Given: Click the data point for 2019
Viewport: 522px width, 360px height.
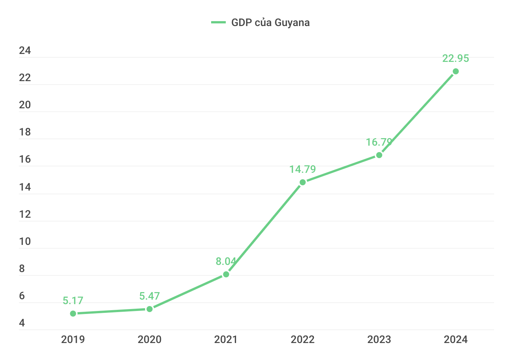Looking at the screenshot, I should (73, 314).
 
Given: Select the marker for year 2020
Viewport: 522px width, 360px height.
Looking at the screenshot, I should (150, 309).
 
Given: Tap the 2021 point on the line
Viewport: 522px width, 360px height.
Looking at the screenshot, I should (226, 274).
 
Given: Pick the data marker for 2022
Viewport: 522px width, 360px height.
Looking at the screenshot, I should (303, 182).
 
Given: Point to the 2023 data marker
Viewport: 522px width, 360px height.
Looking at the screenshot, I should (379, 155).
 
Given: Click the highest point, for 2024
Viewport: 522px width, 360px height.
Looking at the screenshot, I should (456, 71).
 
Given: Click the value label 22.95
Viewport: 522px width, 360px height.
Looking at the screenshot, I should (456, 58).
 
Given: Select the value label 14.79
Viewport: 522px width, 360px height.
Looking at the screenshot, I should (303, 169).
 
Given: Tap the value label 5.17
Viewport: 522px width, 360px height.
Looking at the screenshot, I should (73, 301).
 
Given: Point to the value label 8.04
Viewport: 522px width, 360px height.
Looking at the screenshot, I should (226, 262).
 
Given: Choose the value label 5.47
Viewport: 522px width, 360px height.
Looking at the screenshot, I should (150, 296).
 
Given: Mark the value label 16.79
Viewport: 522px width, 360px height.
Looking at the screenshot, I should (379, 142).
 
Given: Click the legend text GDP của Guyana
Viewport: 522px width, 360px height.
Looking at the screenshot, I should (270, 23).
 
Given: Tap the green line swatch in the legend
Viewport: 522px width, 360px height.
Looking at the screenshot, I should (218, 23).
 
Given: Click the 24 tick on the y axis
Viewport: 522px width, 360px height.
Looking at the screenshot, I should (25, 51).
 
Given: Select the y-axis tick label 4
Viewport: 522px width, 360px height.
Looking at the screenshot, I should (22, 323).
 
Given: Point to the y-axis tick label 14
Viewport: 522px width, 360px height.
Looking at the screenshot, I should (25, 187).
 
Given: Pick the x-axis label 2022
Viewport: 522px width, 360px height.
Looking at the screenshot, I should (303, 340).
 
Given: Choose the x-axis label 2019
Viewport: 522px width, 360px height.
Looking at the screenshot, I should (73, 340).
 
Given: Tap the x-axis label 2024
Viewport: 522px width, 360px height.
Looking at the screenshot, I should (456, 340).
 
